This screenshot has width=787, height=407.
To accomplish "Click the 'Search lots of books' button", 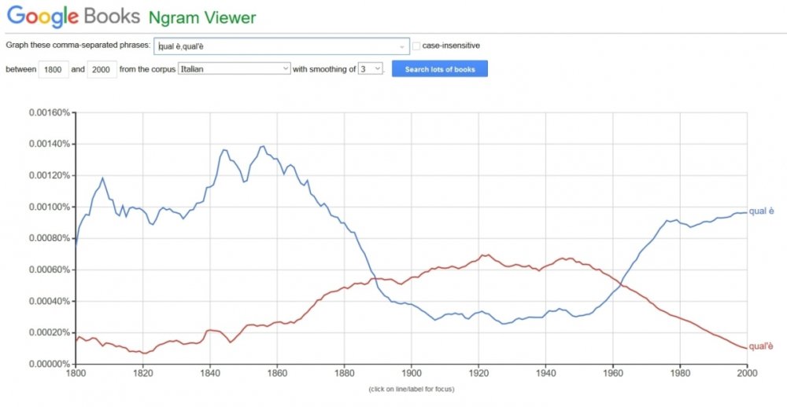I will point(440,69).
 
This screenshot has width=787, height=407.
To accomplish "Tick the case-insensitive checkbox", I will point(417,46).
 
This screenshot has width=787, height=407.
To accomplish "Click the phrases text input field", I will point(282,46).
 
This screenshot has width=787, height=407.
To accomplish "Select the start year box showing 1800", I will point(54,69).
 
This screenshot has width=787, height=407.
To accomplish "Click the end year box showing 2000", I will point(100,69).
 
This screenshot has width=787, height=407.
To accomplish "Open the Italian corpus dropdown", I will point(235,69).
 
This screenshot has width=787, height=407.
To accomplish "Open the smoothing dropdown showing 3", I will point(370,69).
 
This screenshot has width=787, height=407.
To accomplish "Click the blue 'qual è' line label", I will point(761,211).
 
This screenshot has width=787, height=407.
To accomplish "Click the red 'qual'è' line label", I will point(761,346).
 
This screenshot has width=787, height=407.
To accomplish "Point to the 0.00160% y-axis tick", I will point(49,112).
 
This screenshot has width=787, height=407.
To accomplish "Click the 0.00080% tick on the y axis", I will point(49,238).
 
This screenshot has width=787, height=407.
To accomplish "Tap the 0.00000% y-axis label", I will point(49,365).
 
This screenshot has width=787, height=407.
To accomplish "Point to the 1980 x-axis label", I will point(680,375).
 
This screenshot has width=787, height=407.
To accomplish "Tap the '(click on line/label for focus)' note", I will point(411,388).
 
